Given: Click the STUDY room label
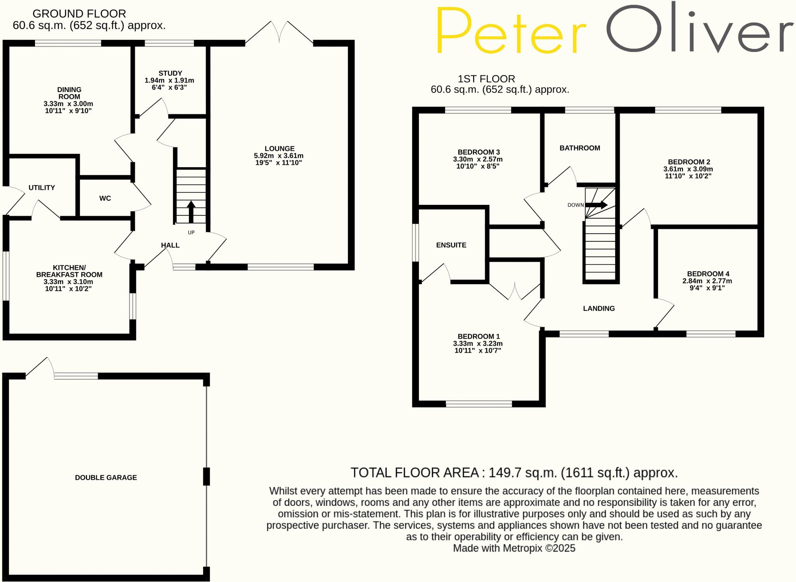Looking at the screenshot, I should click(170, 73).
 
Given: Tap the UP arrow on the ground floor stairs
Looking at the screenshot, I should click(191, 211).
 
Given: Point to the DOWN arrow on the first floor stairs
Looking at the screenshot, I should click(597, 205).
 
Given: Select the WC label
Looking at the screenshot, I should click(105, 198).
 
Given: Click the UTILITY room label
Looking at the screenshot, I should click(42, 187).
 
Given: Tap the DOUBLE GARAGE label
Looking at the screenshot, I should click(106, 477).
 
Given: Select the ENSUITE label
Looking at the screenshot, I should click(451, 245).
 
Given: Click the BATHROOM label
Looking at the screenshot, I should click(580, 148).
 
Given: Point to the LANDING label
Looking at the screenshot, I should click(599, 308).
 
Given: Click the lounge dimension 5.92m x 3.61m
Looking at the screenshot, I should click(279, 156).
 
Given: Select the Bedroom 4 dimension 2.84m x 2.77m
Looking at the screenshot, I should click(707, 281).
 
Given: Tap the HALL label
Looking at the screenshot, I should click(170, 245).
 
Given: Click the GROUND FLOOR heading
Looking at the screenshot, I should click(79, 14).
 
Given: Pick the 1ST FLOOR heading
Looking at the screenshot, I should click(486, 79).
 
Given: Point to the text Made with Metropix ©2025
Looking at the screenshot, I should click(514, 548).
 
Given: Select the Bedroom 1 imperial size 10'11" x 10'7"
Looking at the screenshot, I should click(478, 350).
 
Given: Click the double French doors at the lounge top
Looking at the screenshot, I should click(279, 33).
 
